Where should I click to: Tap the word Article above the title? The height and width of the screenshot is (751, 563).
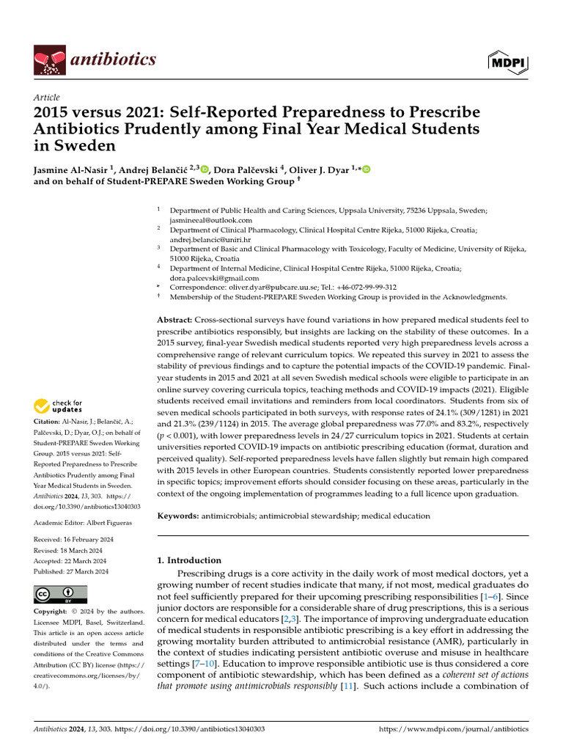point(47,98)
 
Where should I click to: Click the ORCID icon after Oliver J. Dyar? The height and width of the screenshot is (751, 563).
point(366,170)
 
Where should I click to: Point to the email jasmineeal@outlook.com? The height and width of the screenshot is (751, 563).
point(211,220)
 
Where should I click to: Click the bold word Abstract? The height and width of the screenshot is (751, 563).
point(176,320)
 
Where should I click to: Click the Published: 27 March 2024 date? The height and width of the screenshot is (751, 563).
point(72,571)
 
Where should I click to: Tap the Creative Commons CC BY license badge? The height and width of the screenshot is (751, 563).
point(61,594)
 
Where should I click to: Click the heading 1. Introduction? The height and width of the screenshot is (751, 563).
point(190,560)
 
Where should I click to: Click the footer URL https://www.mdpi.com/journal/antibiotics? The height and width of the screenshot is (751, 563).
point(453,730)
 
